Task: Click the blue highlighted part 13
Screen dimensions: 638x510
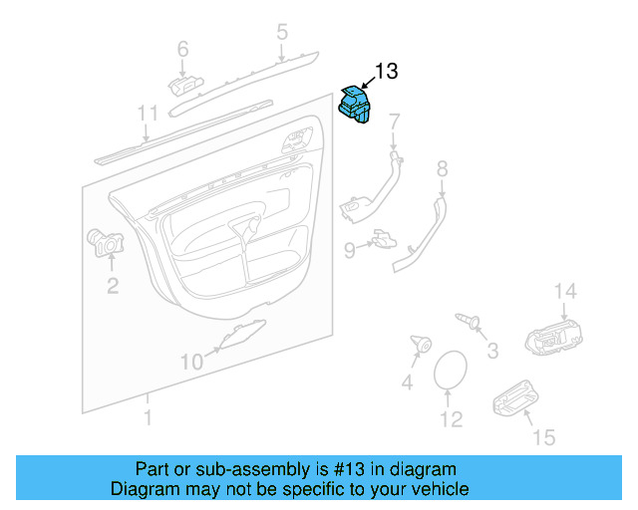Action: pyautogui.click(x=355, y=105)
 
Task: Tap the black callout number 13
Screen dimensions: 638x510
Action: pyautogui.click(x=386, y=71)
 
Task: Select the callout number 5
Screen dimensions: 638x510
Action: pyautogui.click(x=282, y=32)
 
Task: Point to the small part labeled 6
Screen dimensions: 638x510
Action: pyautogui.click(x=185, y=85)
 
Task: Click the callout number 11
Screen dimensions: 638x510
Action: pyautogui.click(x=148, y=114)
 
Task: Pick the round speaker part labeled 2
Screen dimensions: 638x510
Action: pyautogui.click(x=105, y=243)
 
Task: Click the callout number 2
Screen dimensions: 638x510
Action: pyautogui.click(x=113, y=286)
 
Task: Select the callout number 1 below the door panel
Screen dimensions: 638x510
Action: pyautogui.click(x=149, y=417)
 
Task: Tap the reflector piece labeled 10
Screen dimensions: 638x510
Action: pyautogui.click(x=242, y=335)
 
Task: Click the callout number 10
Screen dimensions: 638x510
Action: pyautogui.click(x=191, y=362)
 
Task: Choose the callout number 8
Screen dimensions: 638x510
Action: pyautogui.click(x=443, y=168)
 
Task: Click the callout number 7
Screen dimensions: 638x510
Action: pyautogui.click(x=395, y=122)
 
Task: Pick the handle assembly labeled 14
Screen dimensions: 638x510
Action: pyautogui.click(x=554, y=338)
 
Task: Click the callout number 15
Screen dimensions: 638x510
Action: pyautogui.click(x=544, y=437)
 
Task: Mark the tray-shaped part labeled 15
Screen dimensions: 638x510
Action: pyautogui.click(x=515, y=398)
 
